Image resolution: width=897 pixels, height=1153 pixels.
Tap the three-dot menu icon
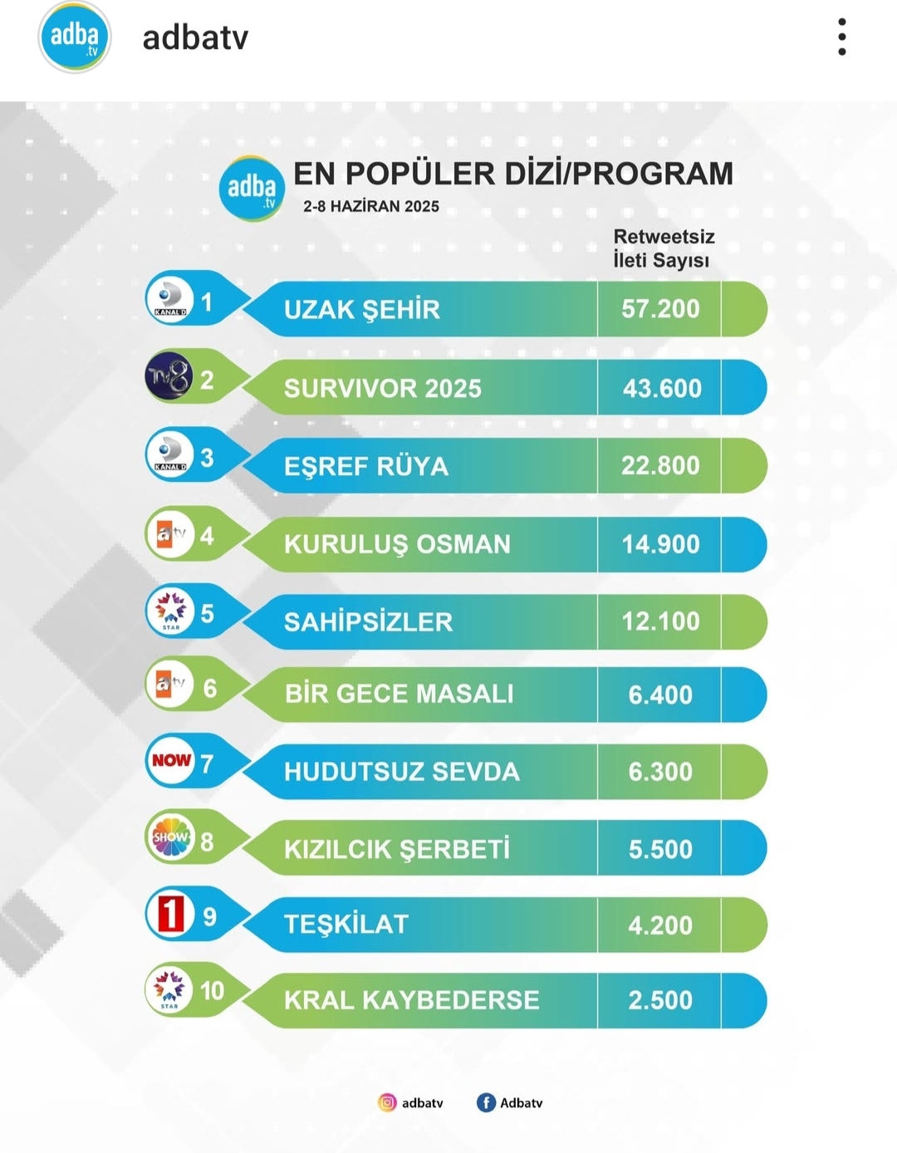tap(842, 37)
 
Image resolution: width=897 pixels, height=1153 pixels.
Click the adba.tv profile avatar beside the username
tap(74, 37)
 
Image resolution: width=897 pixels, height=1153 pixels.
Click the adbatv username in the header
tap(195, 38)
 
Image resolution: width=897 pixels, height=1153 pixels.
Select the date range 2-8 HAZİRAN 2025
tap(371, 207)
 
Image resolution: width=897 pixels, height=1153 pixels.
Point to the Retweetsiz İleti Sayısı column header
tap(663, 248)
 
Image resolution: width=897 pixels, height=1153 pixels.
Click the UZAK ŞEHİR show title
tap(362, 310)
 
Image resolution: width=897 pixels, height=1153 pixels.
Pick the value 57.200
tap(660, 309)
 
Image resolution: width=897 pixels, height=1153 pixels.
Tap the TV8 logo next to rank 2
tap(169, 377)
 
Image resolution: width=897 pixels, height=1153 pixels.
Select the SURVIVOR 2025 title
tap(382, 388)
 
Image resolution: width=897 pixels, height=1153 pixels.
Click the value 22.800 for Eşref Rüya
tap(660, 465)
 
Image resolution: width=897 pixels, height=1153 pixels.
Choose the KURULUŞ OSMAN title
tap(397, 544)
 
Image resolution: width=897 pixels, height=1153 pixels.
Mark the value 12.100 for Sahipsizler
tap(660, 621)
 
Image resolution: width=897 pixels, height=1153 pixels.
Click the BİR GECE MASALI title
tap(399, 694)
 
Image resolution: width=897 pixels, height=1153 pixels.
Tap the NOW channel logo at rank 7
tap(170, 760)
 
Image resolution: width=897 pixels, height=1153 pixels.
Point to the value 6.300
tap(660, 772)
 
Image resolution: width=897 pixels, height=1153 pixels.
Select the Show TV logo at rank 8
tap(170, 837)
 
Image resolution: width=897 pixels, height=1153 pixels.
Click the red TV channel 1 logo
tap(170, 914)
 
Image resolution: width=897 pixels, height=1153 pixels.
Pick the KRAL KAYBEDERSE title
tap(411, 1000)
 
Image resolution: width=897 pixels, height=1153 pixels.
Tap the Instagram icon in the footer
tap(387, 1102)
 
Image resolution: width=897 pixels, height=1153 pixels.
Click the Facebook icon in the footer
tap(486, 1102)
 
